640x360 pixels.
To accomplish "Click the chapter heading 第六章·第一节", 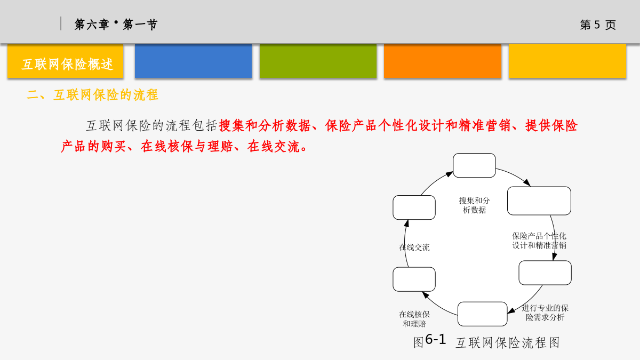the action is (116, 25).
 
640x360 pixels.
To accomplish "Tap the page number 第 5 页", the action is (598, 25).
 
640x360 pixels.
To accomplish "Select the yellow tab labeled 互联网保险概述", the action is (66, 61).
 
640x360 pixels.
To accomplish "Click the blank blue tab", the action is (193, 61).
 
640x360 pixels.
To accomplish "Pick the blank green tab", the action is (318, 61).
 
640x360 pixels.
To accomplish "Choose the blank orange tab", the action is (443, 61).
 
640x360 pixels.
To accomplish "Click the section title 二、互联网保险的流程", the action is (93, 95).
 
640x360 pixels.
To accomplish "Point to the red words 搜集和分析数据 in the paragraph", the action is (265, 126).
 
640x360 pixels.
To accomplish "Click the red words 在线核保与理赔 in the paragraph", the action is (187, 147).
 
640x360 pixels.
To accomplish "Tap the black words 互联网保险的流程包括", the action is (152, 126).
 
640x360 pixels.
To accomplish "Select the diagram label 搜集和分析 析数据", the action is (474, 205).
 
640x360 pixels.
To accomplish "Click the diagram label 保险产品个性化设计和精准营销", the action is (539, 241).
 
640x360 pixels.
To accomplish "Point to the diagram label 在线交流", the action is (414, 247).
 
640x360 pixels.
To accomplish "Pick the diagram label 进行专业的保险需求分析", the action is (545, 313).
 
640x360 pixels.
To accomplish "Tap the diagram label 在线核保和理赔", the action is (414, 319).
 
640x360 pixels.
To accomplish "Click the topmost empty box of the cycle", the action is (474, 165).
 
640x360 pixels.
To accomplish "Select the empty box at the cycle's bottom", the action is (482, 314).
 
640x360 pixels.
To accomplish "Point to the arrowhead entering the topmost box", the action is (450, 174).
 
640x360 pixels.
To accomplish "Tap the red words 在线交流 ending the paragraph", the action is (274, 147).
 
